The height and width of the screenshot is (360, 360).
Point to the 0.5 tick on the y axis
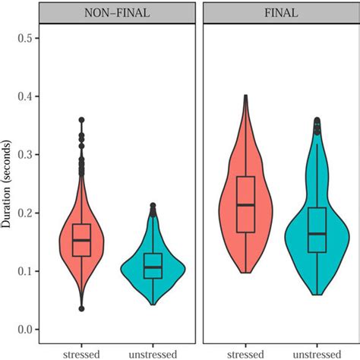coord(27,38)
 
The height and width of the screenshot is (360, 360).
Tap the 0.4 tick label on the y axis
coord(27,96)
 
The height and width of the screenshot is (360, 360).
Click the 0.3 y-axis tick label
coord(27,155)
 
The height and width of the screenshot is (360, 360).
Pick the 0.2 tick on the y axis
coord(27,213)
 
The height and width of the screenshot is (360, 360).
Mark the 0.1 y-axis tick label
coord(27,271)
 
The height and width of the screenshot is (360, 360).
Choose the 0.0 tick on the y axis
coord(27,330)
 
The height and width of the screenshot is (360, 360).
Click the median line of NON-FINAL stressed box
coord(81,240)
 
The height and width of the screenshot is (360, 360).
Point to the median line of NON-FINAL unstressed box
coord(153,267)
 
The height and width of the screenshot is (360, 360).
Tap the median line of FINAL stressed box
coord(245,205)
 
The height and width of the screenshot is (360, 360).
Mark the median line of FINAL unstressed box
coord(317,233)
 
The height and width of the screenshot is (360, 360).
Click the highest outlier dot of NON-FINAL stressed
coord(81,120)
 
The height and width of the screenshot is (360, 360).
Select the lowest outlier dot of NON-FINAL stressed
coord(81,308)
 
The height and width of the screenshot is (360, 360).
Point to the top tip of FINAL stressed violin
coord(245,96)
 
